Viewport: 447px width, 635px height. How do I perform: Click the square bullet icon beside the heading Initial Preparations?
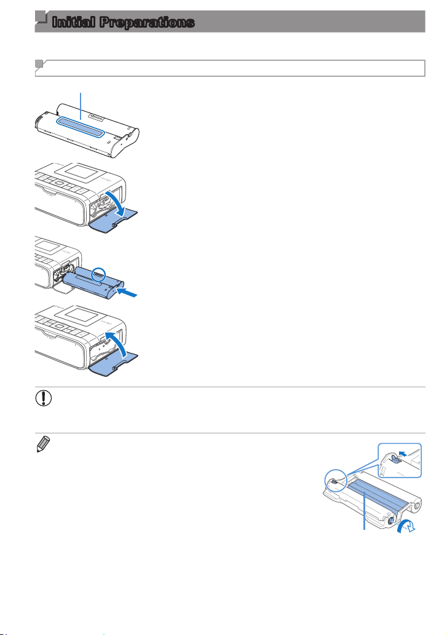click(41, 19)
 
